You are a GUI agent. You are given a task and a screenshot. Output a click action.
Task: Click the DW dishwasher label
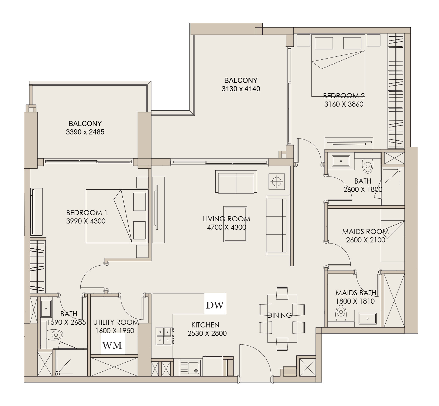pyautogui.click(x=215, y=305)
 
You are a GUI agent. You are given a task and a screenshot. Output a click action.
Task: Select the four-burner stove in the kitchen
pyautogui.click(x=164, y=336)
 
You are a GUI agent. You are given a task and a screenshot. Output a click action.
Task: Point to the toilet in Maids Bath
pyautogui.click(x=341, y=313)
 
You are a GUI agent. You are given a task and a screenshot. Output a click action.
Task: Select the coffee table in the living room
pyautogui.click(x=235, y=224)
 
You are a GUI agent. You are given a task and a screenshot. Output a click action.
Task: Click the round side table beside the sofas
pyautogui.click(x=277, y=181)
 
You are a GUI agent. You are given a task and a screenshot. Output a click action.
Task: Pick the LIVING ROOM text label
pyautogui.click(x=227, y=219)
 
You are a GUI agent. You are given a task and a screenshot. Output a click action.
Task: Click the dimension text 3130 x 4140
pyautogui.click(x=241, y=89)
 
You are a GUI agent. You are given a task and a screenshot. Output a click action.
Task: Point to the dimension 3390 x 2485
pyautogui.click(x=85, y=132)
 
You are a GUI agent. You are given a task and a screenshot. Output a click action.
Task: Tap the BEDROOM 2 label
pyautogui.click(x=344, y=96)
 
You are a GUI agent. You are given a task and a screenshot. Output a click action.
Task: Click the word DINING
pyautogui.click(x=279, y=315)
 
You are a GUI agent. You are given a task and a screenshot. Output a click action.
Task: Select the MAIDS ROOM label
pyautogui.click(x=365, y=231)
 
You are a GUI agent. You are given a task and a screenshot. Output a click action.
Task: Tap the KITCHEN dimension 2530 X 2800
pyautogui.click(x=207, y=333)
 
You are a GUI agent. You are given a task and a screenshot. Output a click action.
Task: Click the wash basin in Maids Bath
pyautogui.click(x=367, y=319)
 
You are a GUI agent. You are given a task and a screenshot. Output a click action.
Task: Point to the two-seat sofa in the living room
pyautogui.click(x=236, y=182)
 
